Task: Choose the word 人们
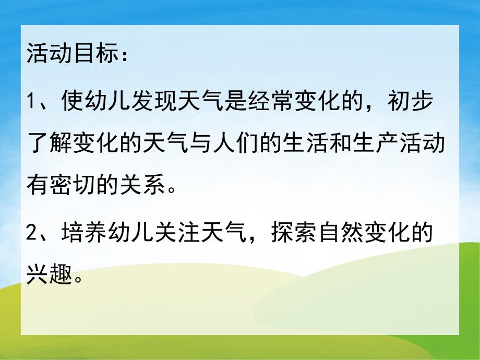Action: pos(254,142)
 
